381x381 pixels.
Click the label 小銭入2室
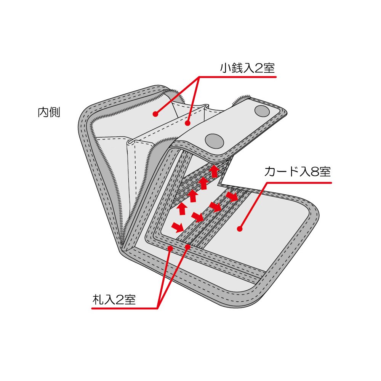pos(247,68)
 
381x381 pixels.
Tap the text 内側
pos(49,112)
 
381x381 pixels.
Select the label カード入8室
pos(298,171)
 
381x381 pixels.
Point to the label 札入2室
pos(114,299)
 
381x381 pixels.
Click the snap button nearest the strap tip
pos(262,111)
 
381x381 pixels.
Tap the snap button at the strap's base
pos(214,141)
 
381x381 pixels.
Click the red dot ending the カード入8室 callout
pos(240,229)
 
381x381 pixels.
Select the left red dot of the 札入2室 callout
pos(170,248)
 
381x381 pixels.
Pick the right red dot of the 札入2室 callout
pos(187,247)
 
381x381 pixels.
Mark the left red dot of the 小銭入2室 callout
pos(155,114)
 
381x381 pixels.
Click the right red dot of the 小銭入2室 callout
pos(187,123)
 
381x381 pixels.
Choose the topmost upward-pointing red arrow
pos(214,171)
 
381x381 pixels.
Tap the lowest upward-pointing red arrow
pos(182,208)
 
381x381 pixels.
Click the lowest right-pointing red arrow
pos(178,227)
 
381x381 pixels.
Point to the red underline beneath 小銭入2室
pos(238,77)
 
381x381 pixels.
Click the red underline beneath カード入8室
pos(299,183)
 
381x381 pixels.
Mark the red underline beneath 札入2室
pos(125,309)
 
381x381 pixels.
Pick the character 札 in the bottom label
pos(98,299)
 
